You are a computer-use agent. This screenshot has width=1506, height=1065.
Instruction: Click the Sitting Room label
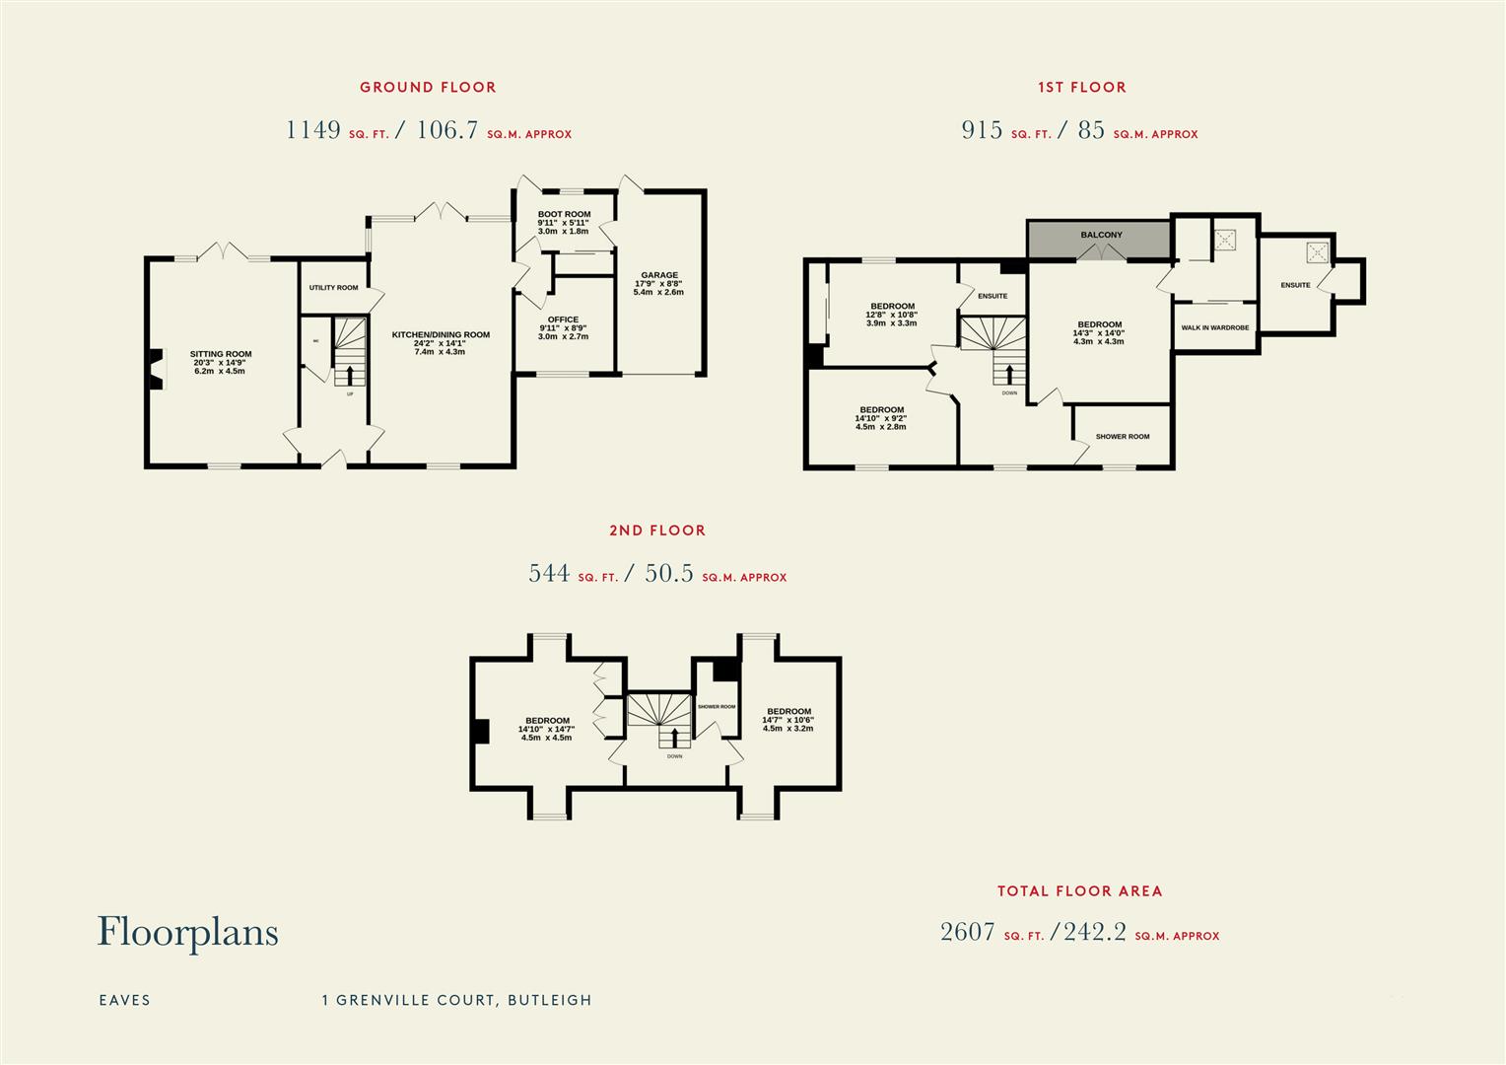pos(221,354)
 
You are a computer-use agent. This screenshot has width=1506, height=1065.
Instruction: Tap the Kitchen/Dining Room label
pos(441,335)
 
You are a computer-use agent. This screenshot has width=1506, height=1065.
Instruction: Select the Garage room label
pos(658,276)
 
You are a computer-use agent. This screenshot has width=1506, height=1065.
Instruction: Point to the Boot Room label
pos(564,215)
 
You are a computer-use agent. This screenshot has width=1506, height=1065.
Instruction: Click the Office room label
pos(564,320)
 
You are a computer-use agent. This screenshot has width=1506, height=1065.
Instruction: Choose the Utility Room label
pos(333,288)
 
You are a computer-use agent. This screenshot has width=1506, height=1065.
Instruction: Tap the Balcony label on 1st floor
pos(1101,235)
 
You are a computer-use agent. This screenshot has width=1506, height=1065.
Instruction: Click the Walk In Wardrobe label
pos(1214,327)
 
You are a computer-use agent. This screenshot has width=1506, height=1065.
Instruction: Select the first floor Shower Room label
pos(1122,437)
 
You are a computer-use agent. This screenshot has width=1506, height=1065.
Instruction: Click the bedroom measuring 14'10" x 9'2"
pos(881,410)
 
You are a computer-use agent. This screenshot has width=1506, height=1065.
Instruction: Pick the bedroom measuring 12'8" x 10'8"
pos(892,307)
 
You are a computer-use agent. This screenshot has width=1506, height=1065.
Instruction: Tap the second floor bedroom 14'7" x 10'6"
pos(788,712)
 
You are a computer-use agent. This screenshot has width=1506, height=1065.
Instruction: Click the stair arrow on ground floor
pos(347,376)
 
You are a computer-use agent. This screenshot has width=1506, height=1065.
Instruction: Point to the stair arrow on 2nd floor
pos(674,739)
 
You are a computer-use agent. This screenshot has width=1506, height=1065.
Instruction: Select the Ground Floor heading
pos(428,87)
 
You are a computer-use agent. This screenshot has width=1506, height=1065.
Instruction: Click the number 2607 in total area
pos(967,932)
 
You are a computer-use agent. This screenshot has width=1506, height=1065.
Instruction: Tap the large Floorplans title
pos(187,932)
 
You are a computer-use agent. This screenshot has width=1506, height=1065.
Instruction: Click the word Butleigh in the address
pos(549,1000)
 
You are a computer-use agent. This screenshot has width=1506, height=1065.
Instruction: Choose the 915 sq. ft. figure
pos(982,130)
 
